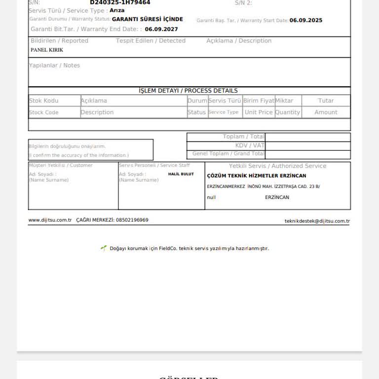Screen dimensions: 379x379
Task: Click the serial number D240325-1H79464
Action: [x=120, y=2]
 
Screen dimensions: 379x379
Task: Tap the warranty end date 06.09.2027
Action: [x=161, y=29]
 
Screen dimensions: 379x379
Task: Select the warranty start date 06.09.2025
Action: [x=306, y=20]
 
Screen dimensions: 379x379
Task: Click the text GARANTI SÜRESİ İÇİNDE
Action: [x=148, y=19]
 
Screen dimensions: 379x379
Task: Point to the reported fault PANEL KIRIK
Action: [x=47, y=50]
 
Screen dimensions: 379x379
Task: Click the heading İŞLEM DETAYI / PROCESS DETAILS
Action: [x=188, y=91]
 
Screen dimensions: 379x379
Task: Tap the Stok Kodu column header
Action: [x=44, y=101]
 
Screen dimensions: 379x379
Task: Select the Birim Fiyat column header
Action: [x=259, y=101]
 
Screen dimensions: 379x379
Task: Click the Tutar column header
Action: [x=326, y=101]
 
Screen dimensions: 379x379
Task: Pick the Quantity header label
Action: [x=288, y=113]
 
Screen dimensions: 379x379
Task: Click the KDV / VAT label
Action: [x=250, y=146]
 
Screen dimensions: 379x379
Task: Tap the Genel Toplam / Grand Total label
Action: [x=228, y=154]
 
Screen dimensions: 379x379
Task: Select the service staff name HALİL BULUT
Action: [x=181, y=174]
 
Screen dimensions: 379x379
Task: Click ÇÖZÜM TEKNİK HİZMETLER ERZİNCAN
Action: [x=257, y=176]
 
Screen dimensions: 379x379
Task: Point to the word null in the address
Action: [x=211, y=197]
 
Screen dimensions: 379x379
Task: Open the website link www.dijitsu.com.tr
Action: [x=50, y=220]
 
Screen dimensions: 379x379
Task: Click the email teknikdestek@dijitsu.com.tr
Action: [x=317, y=221]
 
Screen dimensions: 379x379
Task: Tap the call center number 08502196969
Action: [x=132, y=220]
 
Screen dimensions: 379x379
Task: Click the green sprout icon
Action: [x=104, y=248]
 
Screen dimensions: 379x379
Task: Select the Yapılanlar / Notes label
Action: [x=54, y=66]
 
